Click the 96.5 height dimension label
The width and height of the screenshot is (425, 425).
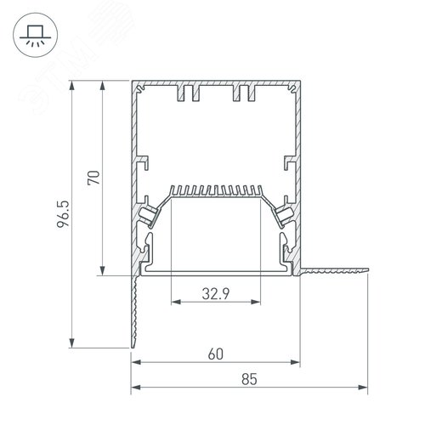63,214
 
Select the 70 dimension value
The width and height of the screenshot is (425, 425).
93,178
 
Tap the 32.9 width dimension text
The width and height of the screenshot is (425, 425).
216,293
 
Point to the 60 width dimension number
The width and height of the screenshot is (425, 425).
216,354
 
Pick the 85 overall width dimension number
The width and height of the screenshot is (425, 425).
249,379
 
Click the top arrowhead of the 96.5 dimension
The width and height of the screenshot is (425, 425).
72,85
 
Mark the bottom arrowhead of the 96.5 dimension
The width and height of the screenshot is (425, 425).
72,343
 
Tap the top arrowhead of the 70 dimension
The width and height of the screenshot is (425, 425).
103,85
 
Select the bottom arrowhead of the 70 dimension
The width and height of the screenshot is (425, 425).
103,270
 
